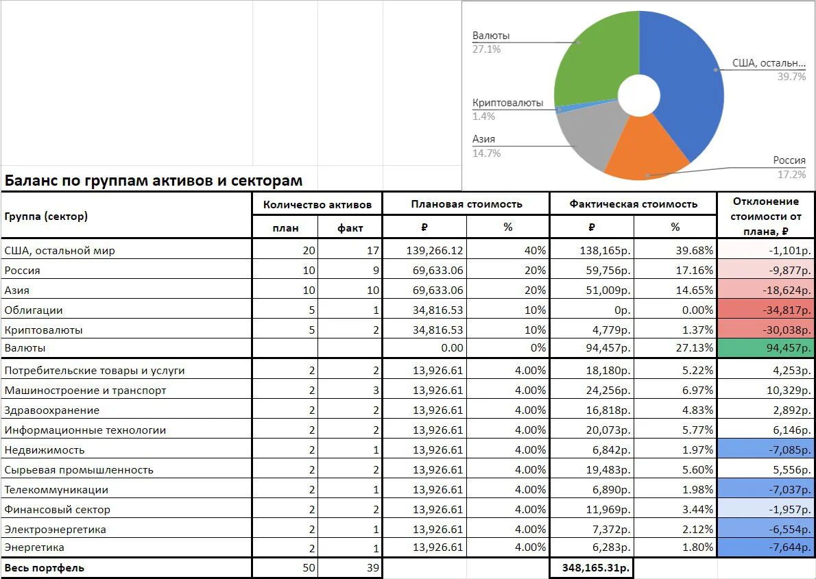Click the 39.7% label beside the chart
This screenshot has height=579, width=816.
click(791, 77)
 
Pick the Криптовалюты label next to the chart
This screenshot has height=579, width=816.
click(507, 103)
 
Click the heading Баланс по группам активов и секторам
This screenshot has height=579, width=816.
click(154, 180)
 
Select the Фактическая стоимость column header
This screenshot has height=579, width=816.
click(634, 204)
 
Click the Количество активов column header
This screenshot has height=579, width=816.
click(317, 204)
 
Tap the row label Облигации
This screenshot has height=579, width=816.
click(34, 310)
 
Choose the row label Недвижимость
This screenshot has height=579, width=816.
click(45, 450)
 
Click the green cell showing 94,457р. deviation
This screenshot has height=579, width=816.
click(765, 348)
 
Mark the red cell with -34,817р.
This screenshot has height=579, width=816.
click(765, 310)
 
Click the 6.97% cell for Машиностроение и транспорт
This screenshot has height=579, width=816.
click(697, 390)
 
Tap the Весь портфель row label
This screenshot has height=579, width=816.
click(45, 567)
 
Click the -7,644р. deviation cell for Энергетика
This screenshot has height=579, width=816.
click(765, 547)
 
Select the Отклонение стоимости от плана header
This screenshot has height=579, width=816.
click(765, 216)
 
